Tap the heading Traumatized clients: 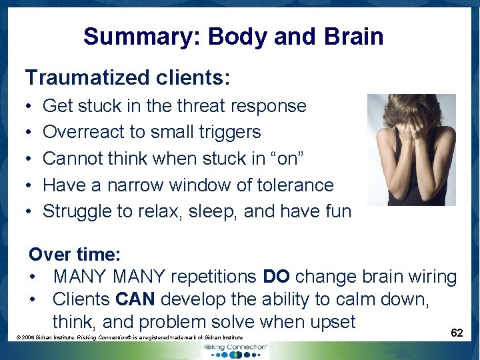tap(127, 78)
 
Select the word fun tap(337, 211)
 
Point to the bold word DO tap(276, 276)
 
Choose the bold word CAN tap(134, 299)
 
